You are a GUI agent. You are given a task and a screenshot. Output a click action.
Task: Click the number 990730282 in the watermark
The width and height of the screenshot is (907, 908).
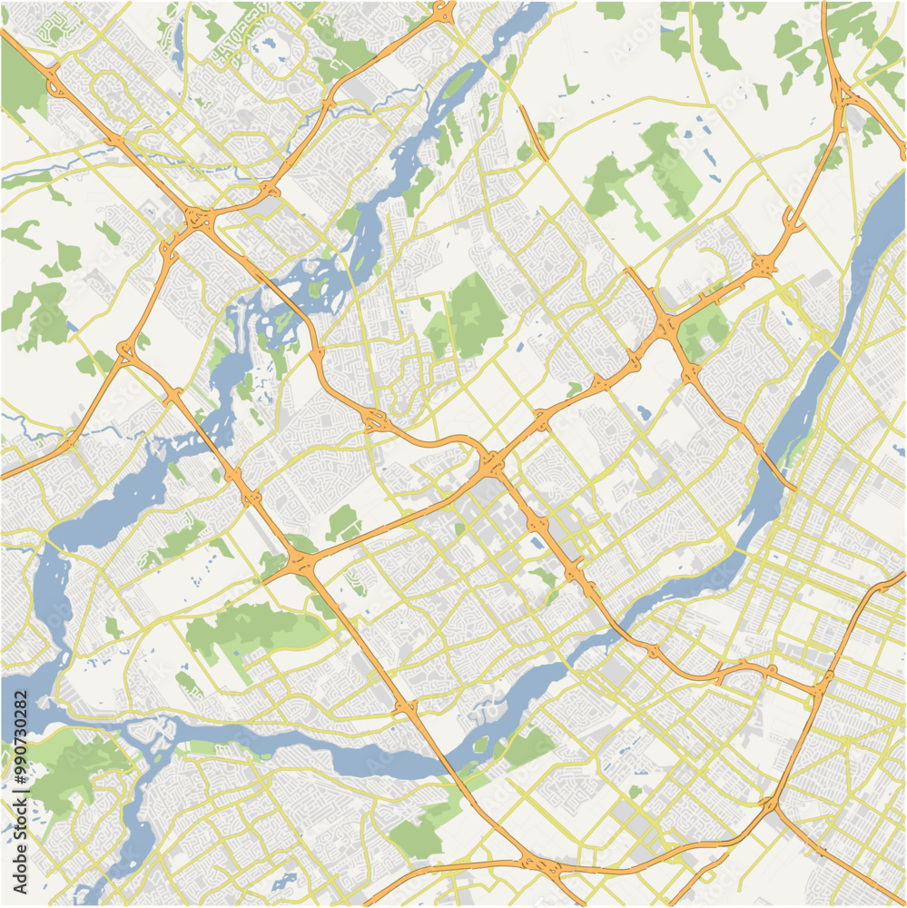click(20, 731)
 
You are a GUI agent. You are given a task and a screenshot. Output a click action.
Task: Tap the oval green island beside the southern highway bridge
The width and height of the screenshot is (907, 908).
click(480, 746)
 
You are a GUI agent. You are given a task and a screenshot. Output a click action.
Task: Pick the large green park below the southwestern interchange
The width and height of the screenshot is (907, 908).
click(245, 627)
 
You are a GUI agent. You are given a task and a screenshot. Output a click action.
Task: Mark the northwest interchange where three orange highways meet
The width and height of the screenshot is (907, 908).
click(196, 218)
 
